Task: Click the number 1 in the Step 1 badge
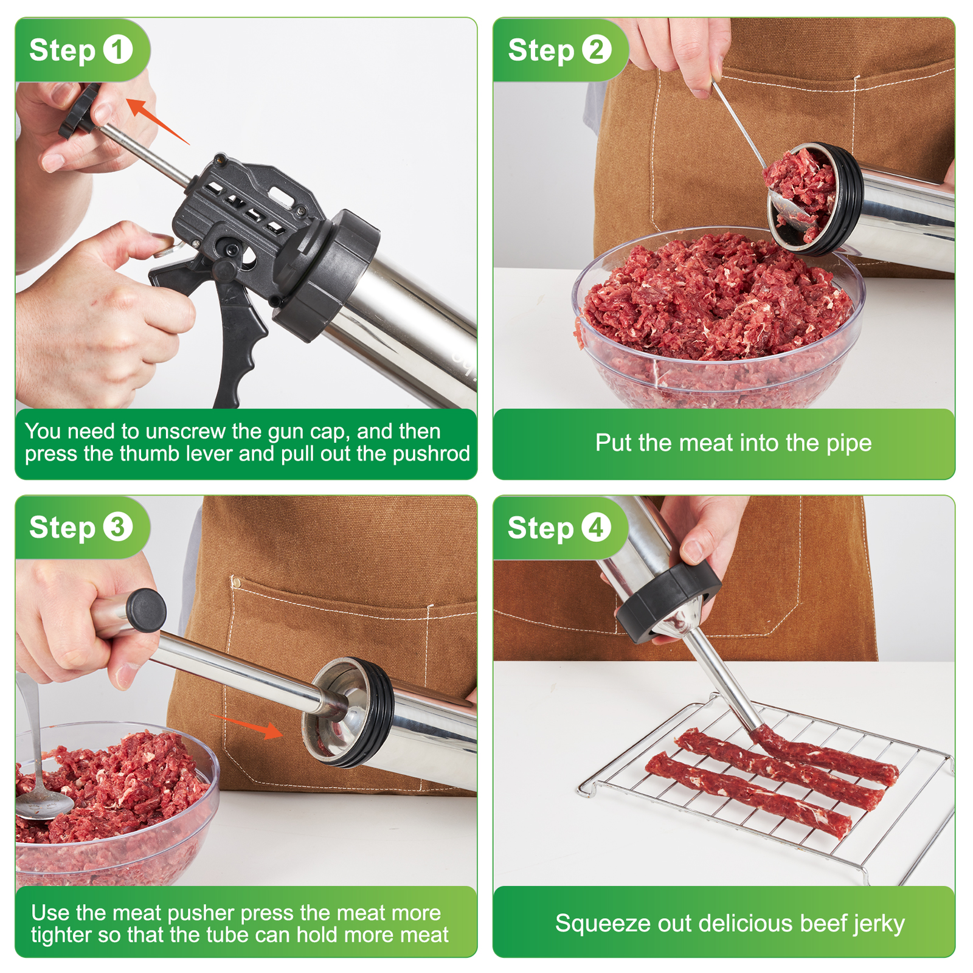117,50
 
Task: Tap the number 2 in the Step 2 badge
597,50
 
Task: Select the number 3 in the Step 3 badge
117,527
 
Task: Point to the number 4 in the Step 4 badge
596,527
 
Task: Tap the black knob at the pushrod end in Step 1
80,111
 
